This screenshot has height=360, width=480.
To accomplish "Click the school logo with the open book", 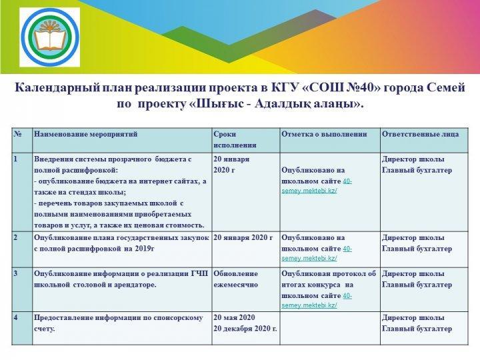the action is click(x=50, y=37).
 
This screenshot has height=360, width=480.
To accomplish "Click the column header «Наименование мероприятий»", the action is click(x=86, y=134).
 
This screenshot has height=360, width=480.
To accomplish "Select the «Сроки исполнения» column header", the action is click(x=235, y=139).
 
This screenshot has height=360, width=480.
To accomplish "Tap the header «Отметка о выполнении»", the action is click(x=324, y=134).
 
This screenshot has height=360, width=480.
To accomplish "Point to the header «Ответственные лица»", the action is click(x=420, y=134).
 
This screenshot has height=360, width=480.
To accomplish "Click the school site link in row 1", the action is click(x=317, y=186).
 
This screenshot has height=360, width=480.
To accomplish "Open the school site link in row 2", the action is click(x=317, y=253).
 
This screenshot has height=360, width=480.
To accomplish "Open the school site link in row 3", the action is click(x=317, y=301).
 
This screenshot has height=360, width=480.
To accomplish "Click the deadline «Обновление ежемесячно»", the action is click(x=236, y=279).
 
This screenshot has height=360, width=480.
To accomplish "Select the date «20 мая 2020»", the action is click(x=234, y=317).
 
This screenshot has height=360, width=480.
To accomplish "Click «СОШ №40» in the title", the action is click(x=341, y=87).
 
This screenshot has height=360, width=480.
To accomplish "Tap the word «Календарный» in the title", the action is click(x=57, y=88).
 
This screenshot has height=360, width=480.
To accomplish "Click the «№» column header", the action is click(x=18, y=134).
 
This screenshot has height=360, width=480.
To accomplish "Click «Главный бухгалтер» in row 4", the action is click(x=417, y=329).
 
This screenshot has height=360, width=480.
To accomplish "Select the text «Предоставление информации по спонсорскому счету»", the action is click(x=119, y=323).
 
